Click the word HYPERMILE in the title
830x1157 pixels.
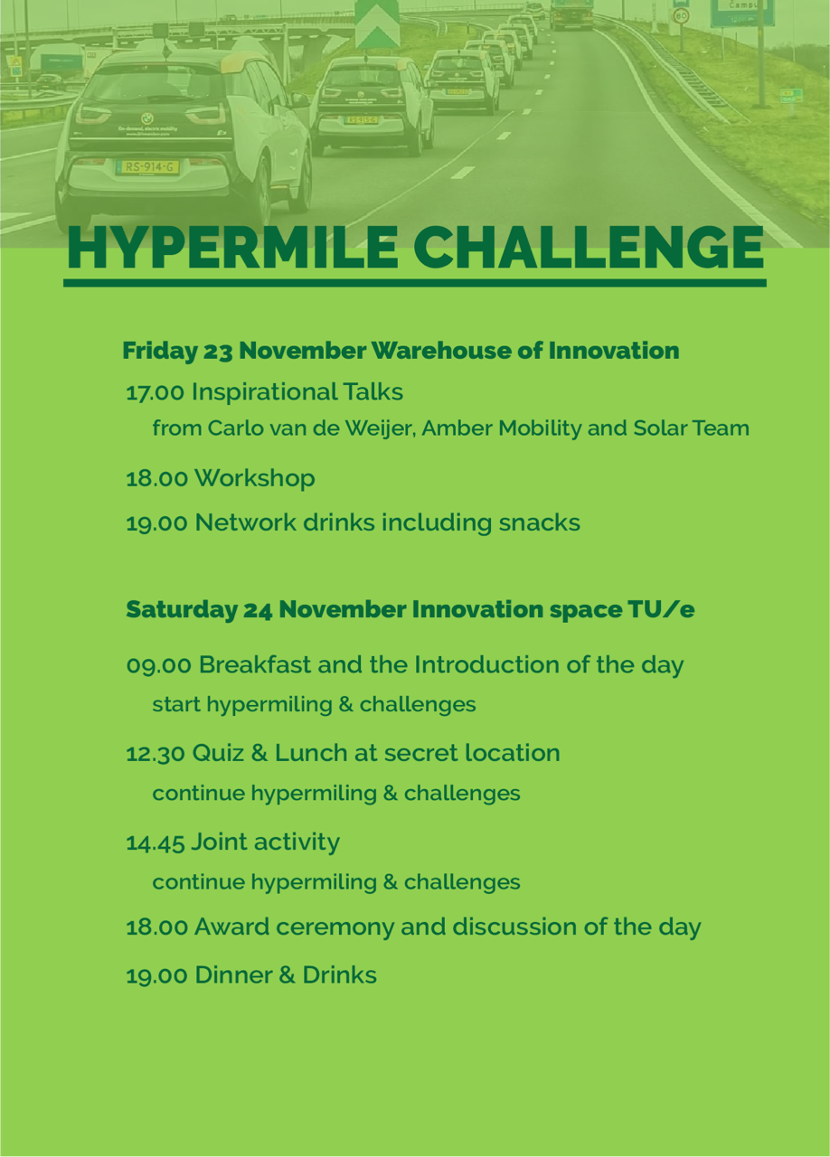(233, 248)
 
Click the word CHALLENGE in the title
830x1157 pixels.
(589, 248)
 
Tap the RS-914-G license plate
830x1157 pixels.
(147, 167)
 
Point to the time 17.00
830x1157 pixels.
(155, 392)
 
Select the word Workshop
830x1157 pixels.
(254, 478)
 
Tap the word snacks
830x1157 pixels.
(539, 522)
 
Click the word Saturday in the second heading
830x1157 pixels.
(182, 610)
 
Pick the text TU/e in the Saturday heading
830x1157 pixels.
(661, 609)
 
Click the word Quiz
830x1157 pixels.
(218, 754)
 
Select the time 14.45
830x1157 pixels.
(155, 843)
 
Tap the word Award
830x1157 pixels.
(232, 927)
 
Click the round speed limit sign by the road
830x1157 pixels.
(681, 16)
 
